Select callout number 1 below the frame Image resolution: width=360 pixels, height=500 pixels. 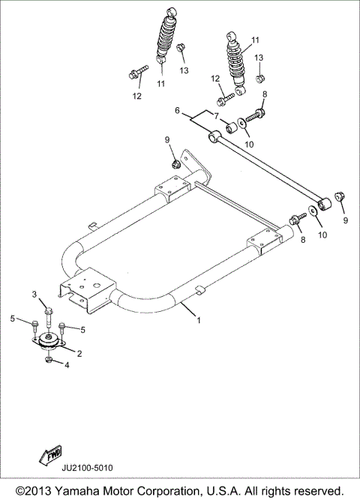(x=199, y=321)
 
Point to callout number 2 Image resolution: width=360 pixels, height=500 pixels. (x=79, y=352)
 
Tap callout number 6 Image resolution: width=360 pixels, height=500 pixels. (x=178, y=110)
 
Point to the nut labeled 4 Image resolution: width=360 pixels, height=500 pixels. (x=48, y=362)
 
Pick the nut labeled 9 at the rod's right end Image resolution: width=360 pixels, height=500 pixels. (x=338, y=196)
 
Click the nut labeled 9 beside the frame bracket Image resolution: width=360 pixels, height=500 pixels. (x=174, y=163)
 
